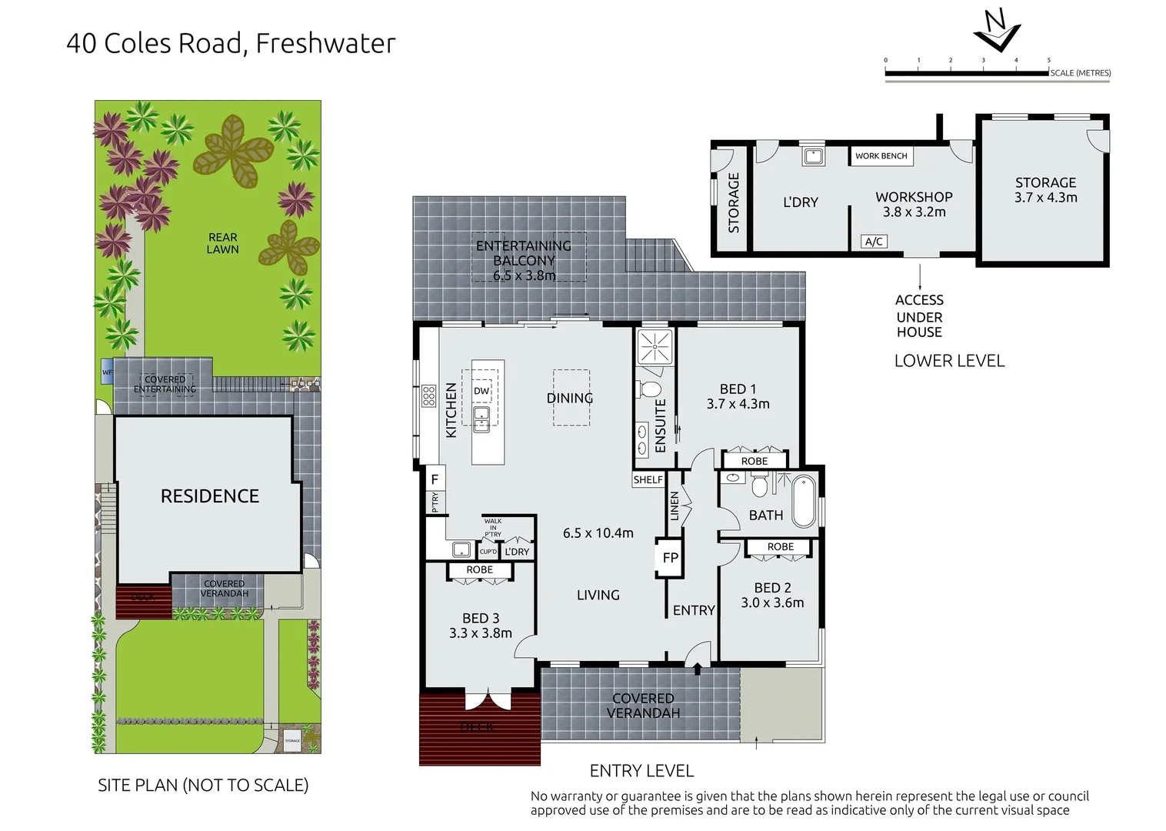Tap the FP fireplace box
tap(670, 558)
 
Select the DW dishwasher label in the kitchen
tap(481, 391)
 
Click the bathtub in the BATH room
tap(804, 501)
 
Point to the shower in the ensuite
tap(655, 346)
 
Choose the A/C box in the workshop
tap(874, 242)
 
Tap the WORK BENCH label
tap(881, 156)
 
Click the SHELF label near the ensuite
tap(648, 479)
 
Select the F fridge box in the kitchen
tap(435, 479)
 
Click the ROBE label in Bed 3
tap(479, 570)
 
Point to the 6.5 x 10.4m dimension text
tap(598, 533)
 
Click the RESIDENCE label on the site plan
tap(209, 496)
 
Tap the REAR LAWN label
tap(222, 243)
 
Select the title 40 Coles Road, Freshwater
tap(231, 44)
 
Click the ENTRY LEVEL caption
tap(641, 770)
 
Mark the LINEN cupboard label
tap(675, 506)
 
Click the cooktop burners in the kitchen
tap(428, 396)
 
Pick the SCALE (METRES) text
tap(1080, 73)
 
